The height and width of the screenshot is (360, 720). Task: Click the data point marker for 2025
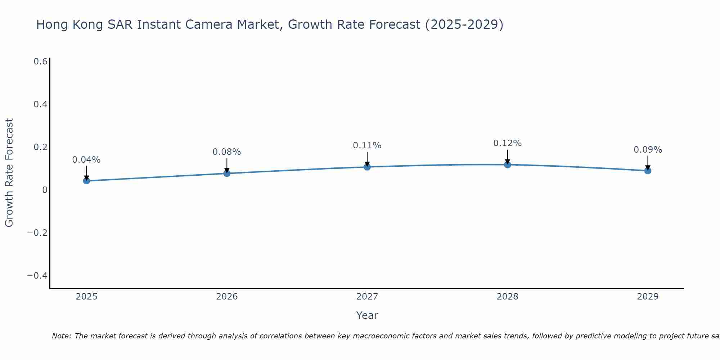tap(86, 181)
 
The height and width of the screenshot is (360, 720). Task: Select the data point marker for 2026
tap(227, 173)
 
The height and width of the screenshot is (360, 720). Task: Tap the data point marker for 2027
tap(367, 167)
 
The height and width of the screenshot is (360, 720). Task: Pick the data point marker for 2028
tap(507, 165)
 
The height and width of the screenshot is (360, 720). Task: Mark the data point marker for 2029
tap(648, 171)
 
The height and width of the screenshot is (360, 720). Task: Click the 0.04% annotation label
tap(86, 160)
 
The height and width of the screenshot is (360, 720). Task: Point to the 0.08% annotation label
tap(227, 152)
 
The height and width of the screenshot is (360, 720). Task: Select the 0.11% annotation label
tap(367, 145)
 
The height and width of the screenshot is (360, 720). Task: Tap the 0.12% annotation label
tap(507, 143)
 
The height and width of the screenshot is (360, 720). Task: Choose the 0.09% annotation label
tap(648, 150)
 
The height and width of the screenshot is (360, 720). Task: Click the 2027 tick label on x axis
tap(367, 297)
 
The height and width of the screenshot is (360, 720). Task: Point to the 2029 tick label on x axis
tap(648, 297)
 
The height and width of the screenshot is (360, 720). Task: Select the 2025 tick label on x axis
tap(86, 297)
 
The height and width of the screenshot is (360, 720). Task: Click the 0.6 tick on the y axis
tap(40, 62)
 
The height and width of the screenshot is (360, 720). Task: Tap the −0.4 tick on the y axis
tap(37, 275)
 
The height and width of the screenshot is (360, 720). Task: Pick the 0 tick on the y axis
tap(45, 190)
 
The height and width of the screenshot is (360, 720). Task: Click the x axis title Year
tap(367, 315)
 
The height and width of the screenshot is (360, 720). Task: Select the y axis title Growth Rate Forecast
tap(9, 173)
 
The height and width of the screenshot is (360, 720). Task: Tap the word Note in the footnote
tap(61, 336)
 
